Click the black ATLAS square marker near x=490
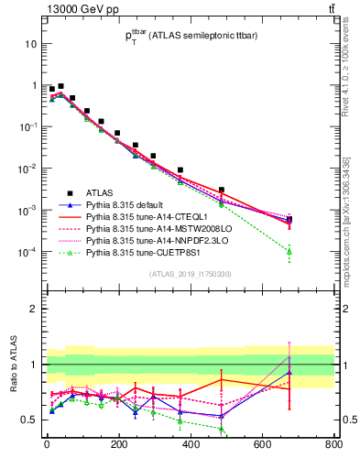pyautogui.click(x=222, y=190)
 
